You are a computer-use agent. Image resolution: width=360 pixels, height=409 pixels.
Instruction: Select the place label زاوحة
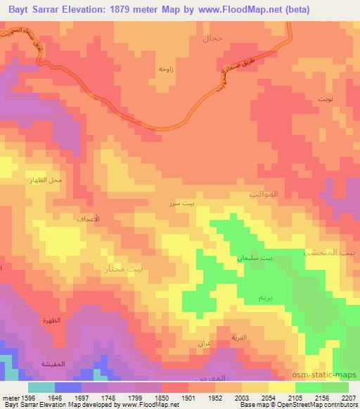(x=166, y=69)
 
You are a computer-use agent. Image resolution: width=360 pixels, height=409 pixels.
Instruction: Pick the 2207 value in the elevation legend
(x=348, y=397)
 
